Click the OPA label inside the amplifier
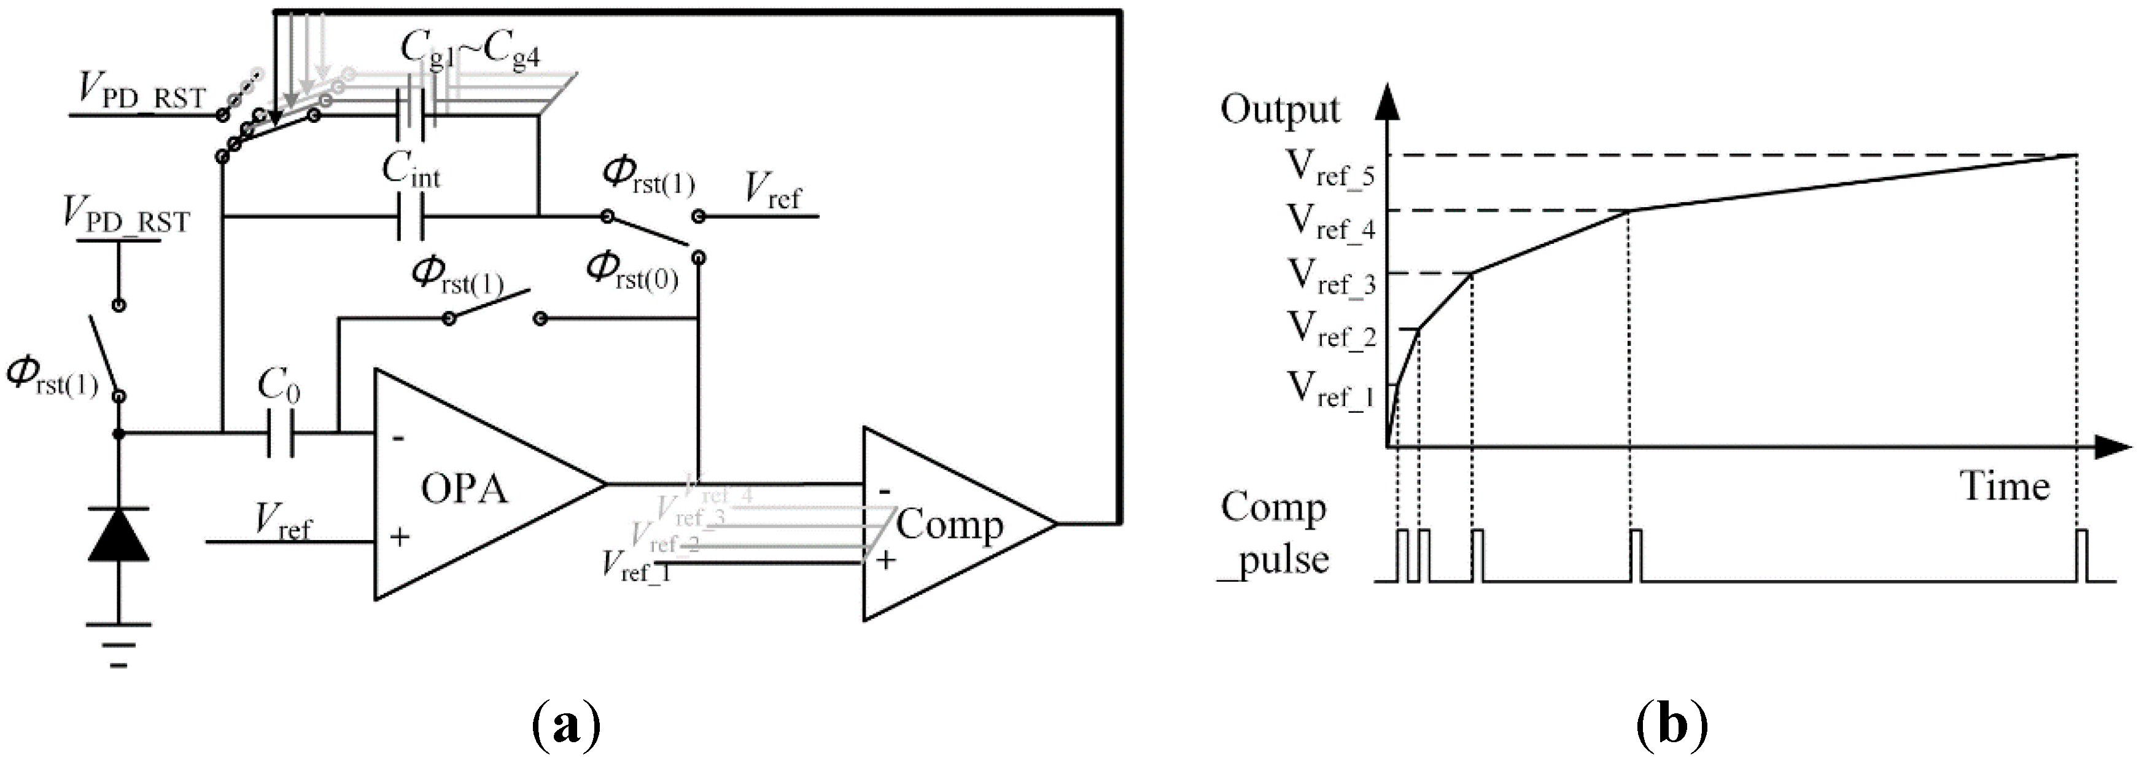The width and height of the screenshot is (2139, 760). (464, 488)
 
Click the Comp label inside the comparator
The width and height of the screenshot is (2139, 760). (949, 525)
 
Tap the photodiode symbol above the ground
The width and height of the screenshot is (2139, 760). (118, 536)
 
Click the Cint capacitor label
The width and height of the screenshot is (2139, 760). (411, 170)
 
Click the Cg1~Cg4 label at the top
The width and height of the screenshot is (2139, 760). (470, 50)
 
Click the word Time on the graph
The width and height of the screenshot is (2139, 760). (2005, 487)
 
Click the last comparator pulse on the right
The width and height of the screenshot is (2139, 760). (2082, 555)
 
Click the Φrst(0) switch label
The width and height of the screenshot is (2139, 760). (633, 272)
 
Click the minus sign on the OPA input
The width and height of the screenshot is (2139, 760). (398, 437)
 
